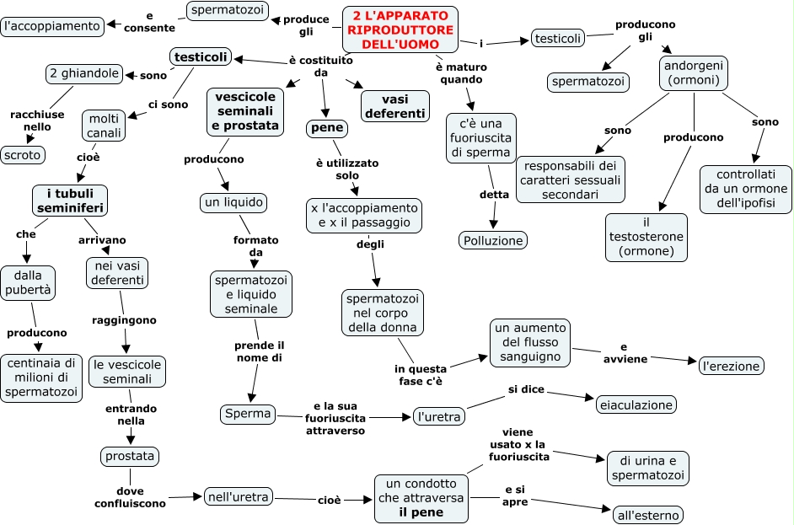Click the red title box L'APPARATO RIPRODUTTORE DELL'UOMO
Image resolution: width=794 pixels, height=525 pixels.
click(x=400, y=29)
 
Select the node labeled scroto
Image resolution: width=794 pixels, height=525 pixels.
click(x=23, y=155)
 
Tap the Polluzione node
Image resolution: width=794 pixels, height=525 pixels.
click(x=493, y=240)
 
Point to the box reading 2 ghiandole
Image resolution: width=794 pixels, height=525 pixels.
click(x=84, y=73)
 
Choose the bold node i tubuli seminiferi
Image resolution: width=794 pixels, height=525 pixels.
click(x=70, y=201)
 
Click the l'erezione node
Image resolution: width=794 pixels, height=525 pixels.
click(x=732, y=366)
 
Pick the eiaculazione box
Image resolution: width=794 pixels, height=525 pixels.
click(x=636, y=404)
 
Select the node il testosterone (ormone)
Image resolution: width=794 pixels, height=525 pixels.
click(x=646, y=237)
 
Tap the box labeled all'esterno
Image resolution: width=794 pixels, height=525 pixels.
click(x=648, y=515)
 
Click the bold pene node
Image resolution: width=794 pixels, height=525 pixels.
click(x=327, y=128)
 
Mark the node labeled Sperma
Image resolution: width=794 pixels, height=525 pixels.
click(x=248, y=414)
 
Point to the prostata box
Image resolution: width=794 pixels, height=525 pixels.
click(x=130, y=456)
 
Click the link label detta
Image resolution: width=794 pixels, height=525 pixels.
click(x=494, y=195)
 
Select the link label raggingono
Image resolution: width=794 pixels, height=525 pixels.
click(x=124, y=320)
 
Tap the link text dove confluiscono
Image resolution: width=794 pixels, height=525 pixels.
click(x=130, y=497)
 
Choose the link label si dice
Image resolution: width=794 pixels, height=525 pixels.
click(x=526, y=388)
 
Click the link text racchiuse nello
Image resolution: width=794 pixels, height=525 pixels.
click(x=37, y=121)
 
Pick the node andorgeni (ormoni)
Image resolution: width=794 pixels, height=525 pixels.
click(x=694, y=73)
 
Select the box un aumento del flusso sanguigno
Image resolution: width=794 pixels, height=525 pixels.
click(x=530, y=342)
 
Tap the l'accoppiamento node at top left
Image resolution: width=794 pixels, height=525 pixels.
click(x=52, y=26)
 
